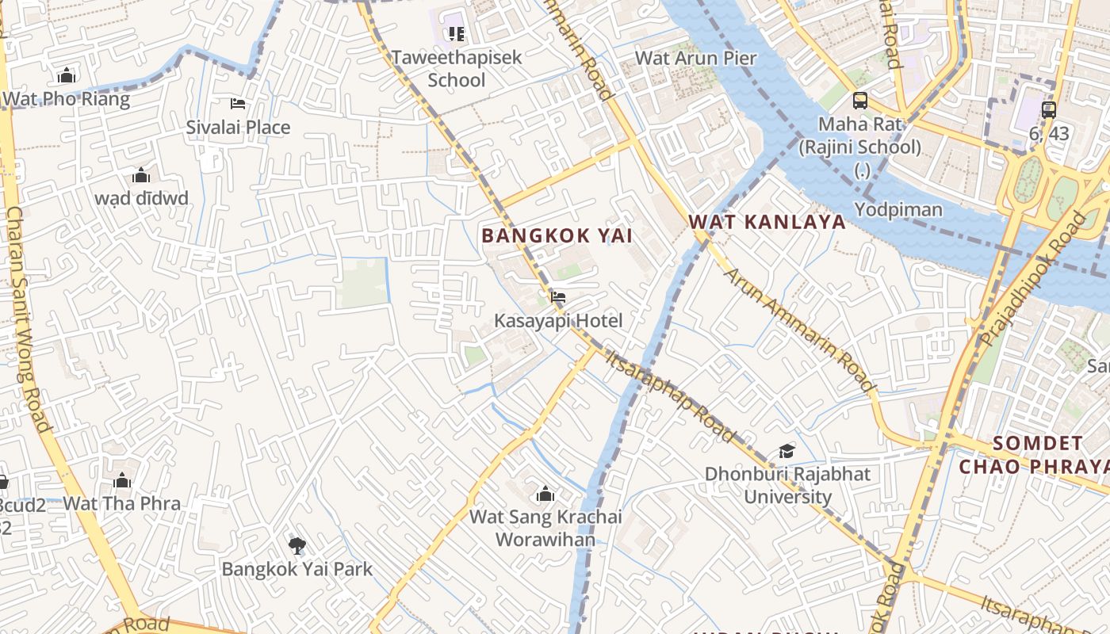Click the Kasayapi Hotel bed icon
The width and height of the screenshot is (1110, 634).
558,298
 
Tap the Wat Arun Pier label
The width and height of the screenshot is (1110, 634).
696,58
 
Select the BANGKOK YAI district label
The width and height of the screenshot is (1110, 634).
557,235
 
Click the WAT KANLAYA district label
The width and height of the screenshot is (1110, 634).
767,222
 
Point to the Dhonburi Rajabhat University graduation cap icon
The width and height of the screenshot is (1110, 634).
787,451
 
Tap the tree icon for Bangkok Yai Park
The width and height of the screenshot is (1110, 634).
297,545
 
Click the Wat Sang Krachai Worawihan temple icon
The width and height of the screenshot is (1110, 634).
545,495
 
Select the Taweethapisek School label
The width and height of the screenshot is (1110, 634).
457,69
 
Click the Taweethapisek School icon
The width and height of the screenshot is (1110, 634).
456,33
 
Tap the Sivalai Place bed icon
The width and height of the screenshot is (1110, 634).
238,104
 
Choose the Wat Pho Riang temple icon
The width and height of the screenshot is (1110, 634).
67,75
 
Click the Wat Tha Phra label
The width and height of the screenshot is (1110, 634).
121,503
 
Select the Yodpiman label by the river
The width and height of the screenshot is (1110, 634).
898,209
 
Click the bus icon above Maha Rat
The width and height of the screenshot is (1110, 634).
860,101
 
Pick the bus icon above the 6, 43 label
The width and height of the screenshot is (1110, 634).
1049,110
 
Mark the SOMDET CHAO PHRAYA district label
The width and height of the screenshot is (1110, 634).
1035,454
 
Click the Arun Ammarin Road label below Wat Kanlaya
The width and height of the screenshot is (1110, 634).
799,330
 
